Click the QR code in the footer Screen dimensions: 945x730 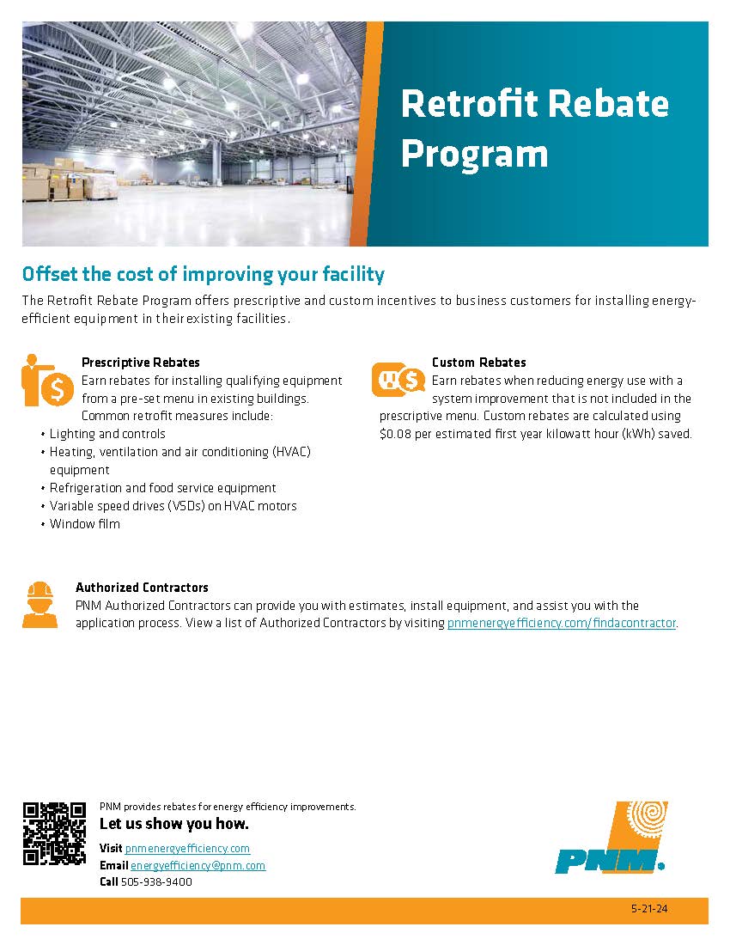[54, 832]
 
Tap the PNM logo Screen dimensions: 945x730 [610, 837]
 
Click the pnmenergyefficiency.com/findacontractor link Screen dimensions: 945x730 [562, 624]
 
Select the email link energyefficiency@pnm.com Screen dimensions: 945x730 [198, 865]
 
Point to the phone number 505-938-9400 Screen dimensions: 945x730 [156, 882]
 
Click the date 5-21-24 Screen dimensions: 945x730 [648, 910]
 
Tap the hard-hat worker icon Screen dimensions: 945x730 [40, 604]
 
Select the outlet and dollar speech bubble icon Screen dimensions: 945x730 [398, 379]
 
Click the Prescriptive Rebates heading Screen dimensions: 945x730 [140, 363]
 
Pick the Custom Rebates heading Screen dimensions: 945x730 [478, 363]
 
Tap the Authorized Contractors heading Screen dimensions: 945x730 [142, 588]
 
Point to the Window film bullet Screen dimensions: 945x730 [84, 524]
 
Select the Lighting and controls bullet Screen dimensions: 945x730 [107, 434]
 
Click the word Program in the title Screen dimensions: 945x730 [474, 154]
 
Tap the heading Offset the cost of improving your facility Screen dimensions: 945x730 [203, 275]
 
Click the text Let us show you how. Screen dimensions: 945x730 [174, 824]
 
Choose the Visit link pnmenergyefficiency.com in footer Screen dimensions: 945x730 [187, 848]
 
